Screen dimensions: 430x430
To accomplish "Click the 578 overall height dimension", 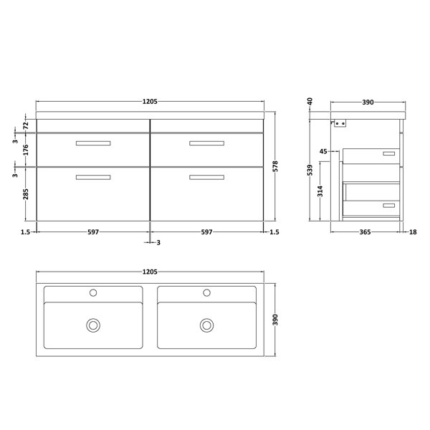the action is (x=275, y=166).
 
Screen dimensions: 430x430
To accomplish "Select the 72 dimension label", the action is (x=25, y=126).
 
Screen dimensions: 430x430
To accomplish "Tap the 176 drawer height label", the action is (x=25, y=150).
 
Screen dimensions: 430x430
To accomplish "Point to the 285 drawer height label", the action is (x=25, y=194).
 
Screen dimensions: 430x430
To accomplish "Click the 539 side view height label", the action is (x=310, y=170).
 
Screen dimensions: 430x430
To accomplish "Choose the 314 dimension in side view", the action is (x=320, y=191).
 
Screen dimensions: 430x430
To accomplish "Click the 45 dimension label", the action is (x=324, y=151).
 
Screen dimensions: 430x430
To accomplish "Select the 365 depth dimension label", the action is (x=365, y=232).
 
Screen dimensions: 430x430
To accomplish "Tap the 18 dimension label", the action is (x=413, y=232).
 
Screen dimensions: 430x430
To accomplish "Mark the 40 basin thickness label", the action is (x=310, y=102).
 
